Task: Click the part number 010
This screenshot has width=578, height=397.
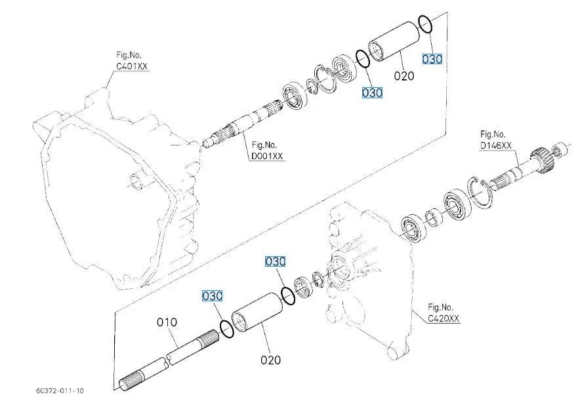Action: pos(167,322)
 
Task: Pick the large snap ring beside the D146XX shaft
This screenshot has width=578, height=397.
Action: pos(481,191)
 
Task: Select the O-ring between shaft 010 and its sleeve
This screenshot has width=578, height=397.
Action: pos(226,328)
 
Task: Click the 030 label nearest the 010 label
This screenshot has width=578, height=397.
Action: pos(212,296)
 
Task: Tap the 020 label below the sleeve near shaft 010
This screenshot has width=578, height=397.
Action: pos(270,360)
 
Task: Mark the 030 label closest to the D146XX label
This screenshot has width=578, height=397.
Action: pos(432,59)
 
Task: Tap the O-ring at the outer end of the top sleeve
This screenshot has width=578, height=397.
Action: pos(424,24)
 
